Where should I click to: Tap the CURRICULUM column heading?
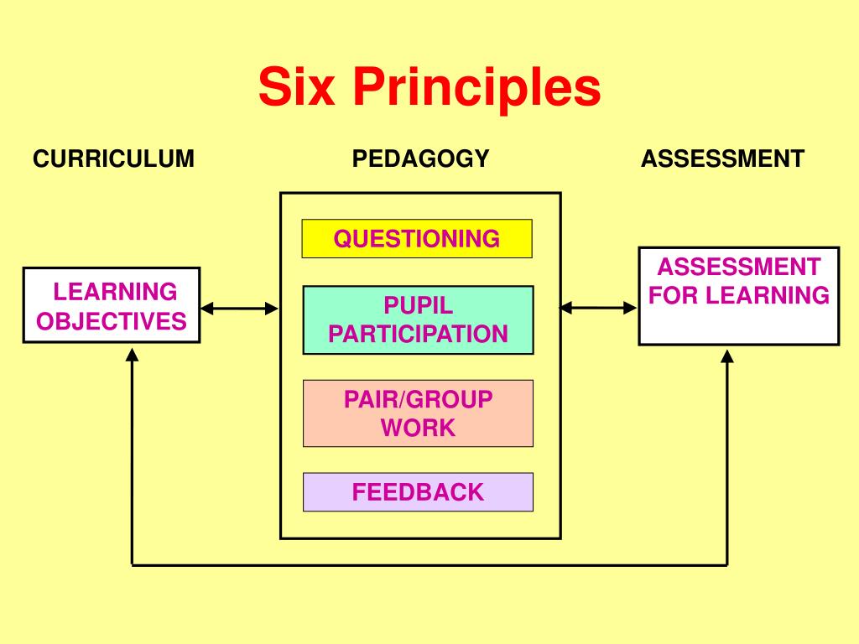[113, 158]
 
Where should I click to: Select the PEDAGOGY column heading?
[420, 158]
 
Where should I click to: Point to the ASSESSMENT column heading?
[722, 158]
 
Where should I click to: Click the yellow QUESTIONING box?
[417, 239]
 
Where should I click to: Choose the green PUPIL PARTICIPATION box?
[418, 320]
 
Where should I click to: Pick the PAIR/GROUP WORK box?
[418, 413]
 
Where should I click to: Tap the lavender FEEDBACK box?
[418, 492]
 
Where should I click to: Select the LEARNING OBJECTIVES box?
[112, 305]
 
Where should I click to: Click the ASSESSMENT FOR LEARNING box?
[739, 296]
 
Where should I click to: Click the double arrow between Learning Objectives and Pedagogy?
[239, 309]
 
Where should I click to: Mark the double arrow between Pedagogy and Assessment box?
[598, 308]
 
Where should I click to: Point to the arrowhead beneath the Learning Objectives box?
[133, 355]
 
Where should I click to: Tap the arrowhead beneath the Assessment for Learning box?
[727, 356]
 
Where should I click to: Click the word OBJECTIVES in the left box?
[112, 320]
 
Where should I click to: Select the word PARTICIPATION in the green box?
[418, 334]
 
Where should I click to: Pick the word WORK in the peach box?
[418, 428]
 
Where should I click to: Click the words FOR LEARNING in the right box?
[739, 295]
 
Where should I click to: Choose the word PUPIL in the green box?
[418, 305]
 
